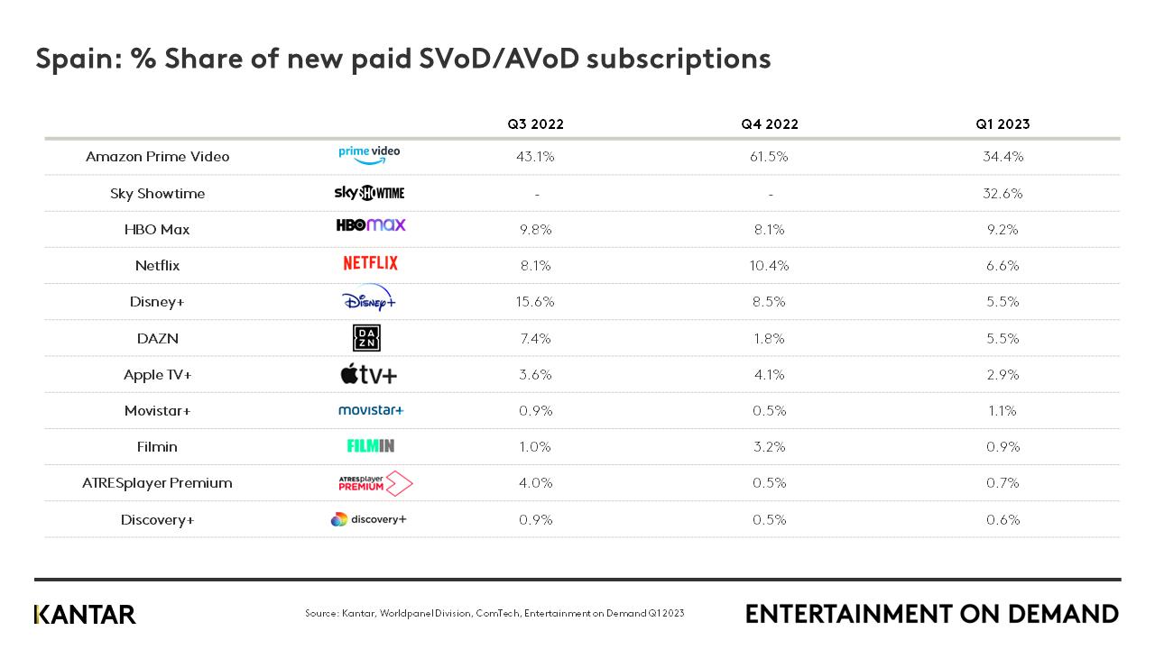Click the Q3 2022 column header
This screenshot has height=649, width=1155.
535,124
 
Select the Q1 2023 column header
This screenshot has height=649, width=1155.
1003,124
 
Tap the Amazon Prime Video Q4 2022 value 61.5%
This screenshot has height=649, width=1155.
769,157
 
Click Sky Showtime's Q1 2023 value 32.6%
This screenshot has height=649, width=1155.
1003,194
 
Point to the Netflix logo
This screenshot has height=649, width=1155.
370,263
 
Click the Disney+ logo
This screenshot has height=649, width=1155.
368,299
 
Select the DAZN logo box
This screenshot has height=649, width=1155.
366,338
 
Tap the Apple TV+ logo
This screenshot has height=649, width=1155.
368,374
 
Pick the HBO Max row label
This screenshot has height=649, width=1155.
157,230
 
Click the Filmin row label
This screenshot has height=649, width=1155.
157,447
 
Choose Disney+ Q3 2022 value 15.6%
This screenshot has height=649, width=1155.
535,302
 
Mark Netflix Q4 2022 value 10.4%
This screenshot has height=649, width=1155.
769,266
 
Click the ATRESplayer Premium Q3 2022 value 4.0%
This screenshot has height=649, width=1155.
535,483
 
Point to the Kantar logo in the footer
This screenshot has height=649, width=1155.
85,615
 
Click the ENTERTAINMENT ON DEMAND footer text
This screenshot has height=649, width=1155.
931,614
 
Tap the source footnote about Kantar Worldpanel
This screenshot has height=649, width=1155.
494,614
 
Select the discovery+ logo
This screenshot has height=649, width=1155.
368,519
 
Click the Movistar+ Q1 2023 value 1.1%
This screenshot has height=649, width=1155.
1003,411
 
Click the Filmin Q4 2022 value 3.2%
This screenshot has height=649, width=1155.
769,447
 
